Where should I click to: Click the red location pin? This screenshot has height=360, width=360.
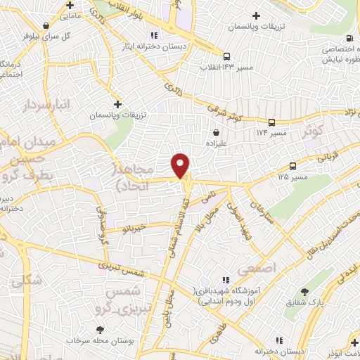tap(181, 165)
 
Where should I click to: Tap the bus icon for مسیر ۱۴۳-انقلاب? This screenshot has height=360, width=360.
tap(227, 56)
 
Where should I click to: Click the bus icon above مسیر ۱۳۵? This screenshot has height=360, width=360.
tap(292, 167)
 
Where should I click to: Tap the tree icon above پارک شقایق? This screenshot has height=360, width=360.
tap(304, 291)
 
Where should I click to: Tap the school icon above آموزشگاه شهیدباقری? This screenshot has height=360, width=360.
tap(225, 280)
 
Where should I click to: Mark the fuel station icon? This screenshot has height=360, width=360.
tap(349, 39)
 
